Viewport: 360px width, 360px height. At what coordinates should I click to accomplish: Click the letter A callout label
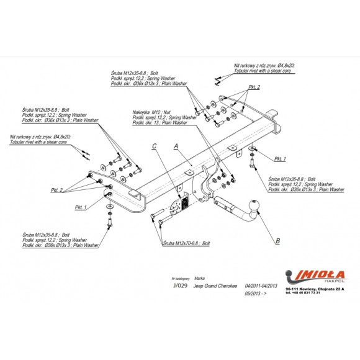point(176,146)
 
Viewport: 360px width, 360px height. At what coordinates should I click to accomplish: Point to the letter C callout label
point(154,146)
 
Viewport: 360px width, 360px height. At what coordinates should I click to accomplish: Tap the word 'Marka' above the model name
point(200,279)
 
